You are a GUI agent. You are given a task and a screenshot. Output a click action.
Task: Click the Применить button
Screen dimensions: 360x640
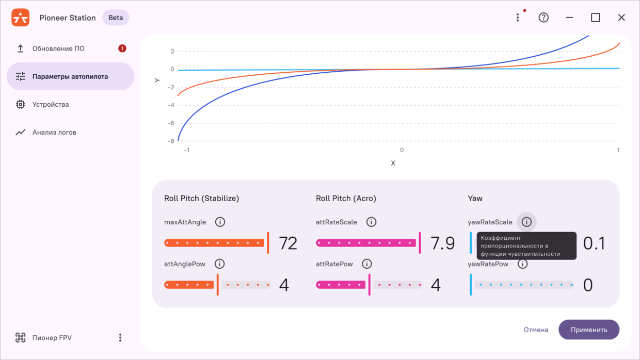589,330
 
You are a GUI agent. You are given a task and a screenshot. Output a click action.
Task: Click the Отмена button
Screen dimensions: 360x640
536,330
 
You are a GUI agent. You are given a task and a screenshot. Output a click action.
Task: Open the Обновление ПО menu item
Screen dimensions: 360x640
58,48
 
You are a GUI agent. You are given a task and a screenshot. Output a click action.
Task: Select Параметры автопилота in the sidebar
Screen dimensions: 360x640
70,76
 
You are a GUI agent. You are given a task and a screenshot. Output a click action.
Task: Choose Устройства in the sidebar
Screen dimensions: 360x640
51,104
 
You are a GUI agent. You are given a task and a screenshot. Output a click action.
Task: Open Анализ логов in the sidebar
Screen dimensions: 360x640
54,132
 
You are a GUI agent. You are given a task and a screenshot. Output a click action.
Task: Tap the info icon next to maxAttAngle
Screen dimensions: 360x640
220,222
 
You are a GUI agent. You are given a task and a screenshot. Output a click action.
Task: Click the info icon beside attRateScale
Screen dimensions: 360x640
371,222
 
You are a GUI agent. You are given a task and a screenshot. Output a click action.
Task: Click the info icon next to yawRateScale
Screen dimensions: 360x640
526,222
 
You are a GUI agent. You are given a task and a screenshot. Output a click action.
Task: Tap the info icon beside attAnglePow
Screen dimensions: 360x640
219,264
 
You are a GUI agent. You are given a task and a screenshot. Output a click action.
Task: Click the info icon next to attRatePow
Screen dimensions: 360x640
367,264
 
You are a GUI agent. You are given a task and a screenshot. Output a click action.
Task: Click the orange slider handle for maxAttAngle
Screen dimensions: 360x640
268,243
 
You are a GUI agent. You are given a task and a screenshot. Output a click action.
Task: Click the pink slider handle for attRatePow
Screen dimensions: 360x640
370,285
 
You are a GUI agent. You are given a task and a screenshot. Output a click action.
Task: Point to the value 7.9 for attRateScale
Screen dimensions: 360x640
443,243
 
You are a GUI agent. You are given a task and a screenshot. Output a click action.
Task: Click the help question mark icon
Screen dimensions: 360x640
543,18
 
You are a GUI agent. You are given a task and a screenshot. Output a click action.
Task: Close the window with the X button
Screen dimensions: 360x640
621,18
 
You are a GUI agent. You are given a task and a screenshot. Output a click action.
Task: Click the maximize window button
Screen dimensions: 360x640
596,18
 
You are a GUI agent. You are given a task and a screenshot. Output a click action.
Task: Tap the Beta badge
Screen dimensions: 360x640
116,18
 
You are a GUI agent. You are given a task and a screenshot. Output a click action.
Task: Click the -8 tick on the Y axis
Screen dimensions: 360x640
171,141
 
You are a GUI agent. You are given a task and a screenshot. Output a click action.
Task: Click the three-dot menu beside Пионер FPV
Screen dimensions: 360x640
120,338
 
